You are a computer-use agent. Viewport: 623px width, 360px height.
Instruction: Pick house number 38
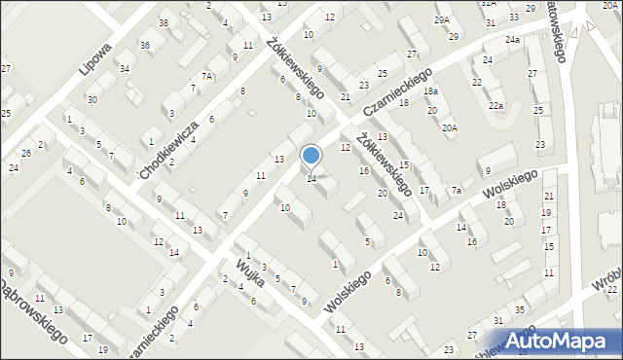tap(163, 23)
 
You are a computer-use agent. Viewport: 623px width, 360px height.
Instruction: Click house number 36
tap(144, 46)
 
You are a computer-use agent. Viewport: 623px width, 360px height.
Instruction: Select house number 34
tap(125, 68)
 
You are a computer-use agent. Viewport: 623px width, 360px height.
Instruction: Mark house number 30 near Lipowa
tap(92, 100)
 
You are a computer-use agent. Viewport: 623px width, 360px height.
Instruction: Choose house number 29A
tap(443, 20)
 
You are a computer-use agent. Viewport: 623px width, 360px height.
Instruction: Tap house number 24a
tap(512, 39)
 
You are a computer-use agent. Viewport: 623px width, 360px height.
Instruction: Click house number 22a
tap(496, 105)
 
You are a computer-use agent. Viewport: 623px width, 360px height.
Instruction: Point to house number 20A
tap(449, 127)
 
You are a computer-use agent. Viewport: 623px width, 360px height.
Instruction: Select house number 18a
tap(431, 91)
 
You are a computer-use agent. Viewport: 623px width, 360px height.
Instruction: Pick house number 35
tap(520, 309)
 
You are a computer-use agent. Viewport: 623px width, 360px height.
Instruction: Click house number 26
tap(27, 154)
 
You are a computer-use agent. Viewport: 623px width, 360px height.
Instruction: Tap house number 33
tap(513, 18)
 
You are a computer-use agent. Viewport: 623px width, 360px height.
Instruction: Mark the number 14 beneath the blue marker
tap(311, 179)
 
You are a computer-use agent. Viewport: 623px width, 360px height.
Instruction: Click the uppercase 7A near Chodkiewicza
tap(206, 76)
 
